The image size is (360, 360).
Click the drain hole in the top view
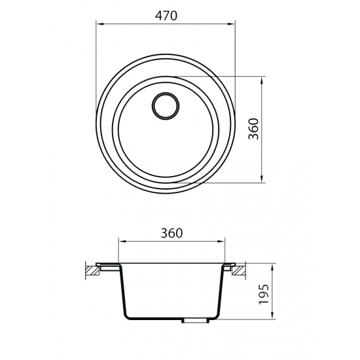pos(166,105)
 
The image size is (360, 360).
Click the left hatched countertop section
pos(90,268)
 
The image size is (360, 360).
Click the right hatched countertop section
pos(240,268)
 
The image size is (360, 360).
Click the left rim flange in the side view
pos(108,266)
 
